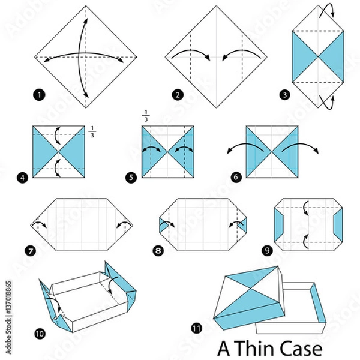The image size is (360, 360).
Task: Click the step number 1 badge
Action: click(x=39, y=94)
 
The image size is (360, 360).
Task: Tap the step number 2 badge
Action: click(x=178, y=94)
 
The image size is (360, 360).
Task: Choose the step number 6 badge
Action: click(x=236, y=178)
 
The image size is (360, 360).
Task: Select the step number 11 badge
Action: click(x=196, y=328)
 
